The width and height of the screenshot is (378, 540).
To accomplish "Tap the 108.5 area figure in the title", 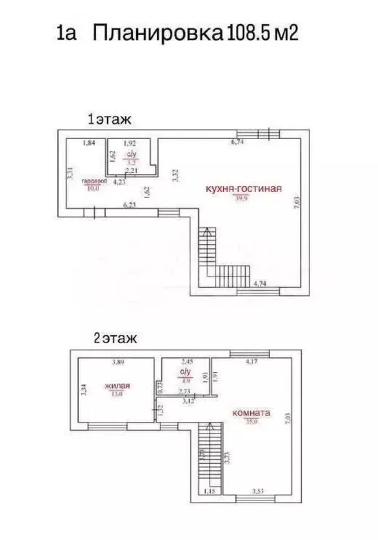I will [249, 33].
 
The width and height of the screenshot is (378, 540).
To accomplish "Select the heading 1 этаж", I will [109, 118].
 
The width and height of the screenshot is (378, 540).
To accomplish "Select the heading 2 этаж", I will [115, 338].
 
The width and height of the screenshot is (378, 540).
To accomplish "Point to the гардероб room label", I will [94, 180].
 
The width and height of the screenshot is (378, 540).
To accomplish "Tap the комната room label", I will [251, 413].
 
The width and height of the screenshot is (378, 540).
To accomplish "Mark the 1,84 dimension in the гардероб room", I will [89, 143].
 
